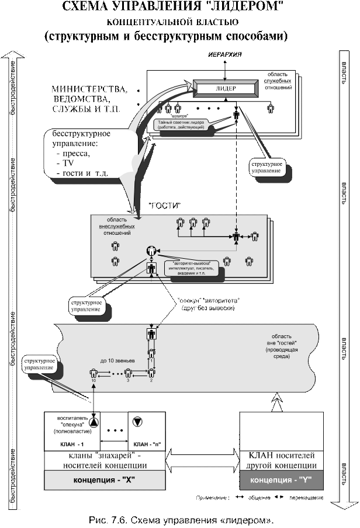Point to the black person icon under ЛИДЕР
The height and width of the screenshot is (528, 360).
(236, 115)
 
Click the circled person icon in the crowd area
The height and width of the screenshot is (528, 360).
(152, 251)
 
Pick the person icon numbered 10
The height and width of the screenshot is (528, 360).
(94, 373)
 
